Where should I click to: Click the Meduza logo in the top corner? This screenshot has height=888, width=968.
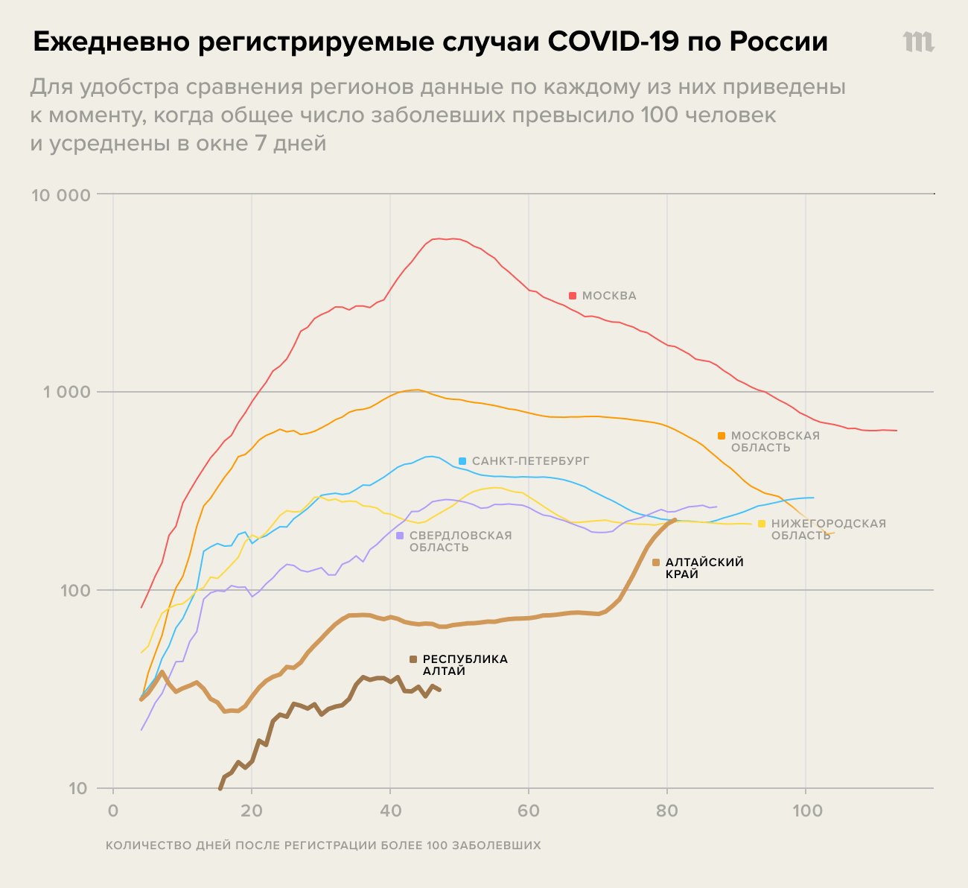pos(918,42)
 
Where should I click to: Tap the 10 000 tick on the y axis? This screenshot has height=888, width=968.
pos(62,195)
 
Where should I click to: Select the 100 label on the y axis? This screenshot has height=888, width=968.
pos(77,591)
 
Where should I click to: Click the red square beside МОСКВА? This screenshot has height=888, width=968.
pos(573,296)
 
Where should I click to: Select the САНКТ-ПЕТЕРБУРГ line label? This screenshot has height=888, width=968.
pos(530,461)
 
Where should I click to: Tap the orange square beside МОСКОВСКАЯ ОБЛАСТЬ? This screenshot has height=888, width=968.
pos(722,436)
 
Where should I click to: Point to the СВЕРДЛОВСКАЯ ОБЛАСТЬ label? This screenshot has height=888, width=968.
pos(460,542)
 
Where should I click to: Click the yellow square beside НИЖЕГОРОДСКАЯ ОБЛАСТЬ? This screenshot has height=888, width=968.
pos(761,524)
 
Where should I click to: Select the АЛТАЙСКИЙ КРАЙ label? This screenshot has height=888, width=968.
pos(704,568)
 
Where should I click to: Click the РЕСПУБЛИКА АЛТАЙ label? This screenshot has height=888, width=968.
pos(465,665)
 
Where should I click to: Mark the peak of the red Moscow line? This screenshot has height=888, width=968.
pos(451,238)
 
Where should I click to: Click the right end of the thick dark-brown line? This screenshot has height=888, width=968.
pos(439,690)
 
